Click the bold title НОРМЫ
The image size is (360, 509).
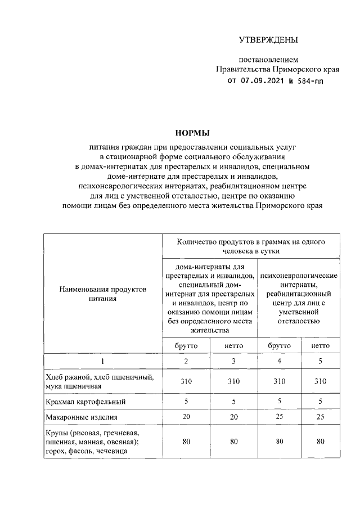(192, 133)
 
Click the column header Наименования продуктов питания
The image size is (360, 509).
(102, 294)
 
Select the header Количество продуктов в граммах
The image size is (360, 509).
(250, 246)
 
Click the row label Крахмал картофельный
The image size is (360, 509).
(85, 402)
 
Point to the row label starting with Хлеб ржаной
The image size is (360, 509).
(98, 381)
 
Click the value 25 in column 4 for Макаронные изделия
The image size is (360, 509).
(280, 417)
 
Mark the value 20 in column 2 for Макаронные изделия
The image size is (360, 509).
(186, 417)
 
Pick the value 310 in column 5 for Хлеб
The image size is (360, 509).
(321, 381)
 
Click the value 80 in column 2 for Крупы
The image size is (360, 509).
(186, 442)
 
